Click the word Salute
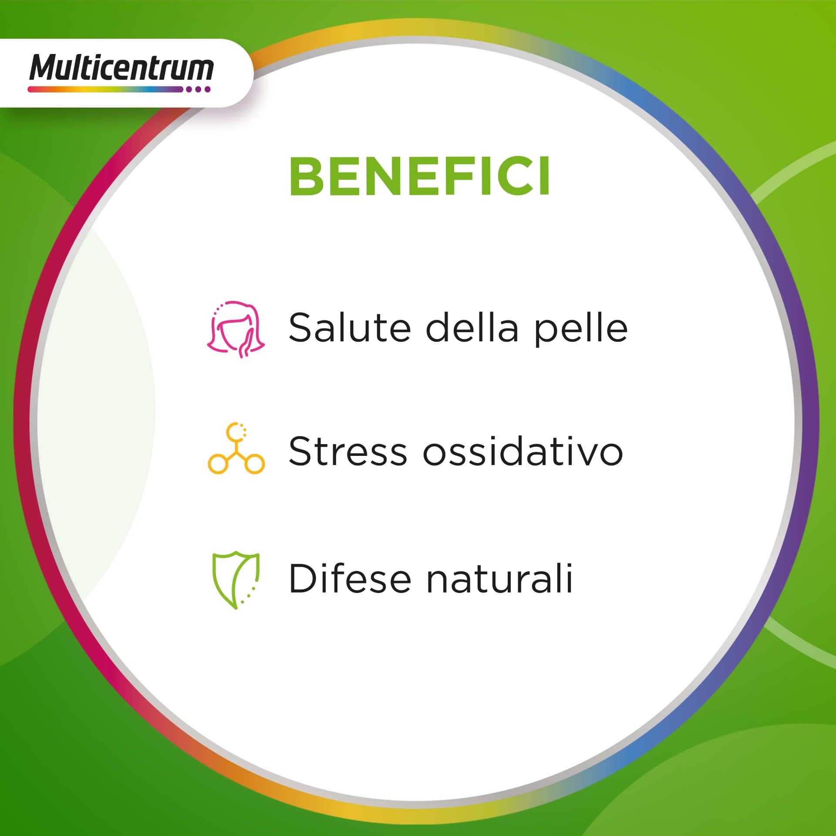point(350,327)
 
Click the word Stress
point(347,451)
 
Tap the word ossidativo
point(523,451)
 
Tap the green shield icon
point(236,580)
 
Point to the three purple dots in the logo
point(198,89)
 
